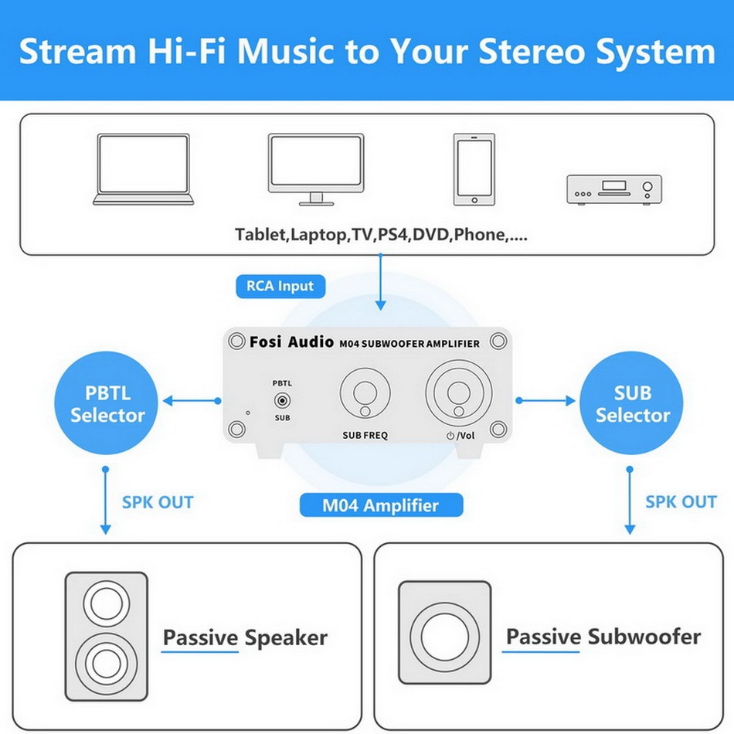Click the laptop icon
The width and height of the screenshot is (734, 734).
pyautogui.click(x=143, y=169)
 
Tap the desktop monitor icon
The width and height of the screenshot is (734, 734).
pyautogui.click(x=316, y=169)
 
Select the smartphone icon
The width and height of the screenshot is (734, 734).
pyautogui.click(x=474, y=169)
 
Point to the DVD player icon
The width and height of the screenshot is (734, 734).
pyautogui.click(x=614, y=189)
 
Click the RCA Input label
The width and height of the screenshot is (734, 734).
pyautogui.click(x=280, y=286)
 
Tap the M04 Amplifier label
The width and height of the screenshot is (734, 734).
pyautogui.click(x=381, y=505)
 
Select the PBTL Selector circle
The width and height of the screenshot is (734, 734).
pyautogui.click(x=107, y=403)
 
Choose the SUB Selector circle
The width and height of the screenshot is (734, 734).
pyautogui.click(x=631, y=403)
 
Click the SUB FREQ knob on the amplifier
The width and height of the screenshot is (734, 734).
pyautogui.click(x=365, y=392)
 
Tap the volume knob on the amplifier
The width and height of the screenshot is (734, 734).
pyautogui.click(x=459, y=392)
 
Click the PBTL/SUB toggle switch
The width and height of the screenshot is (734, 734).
pyautogui.click(x=282, y=401)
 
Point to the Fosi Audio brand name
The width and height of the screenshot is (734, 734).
pyautogui.click(x=291, y=342)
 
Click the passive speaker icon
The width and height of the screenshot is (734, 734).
pyautogui.click(x=107, y=636)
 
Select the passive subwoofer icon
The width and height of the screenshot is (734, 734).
pyautogui.click(x=445, y=633)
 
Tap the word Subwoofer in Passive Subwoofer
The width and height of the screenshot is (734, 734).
pyautogui.click(x=644, y=637)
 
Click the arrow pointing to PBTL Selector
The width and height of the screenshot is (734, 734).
pyautogui.click(x=192, y=401)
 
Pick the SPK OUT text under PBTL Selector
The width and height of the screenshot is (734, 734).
pyautogui.click(x=158, y=502)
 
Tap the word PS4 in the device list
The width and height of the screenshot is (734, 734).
pyautogui.click(x=392, y=234)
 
